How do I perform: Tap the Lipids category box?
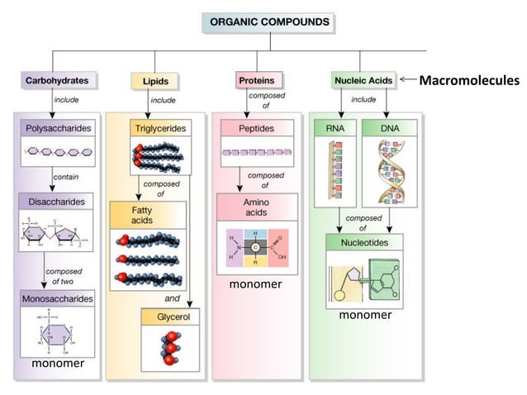[150, 81]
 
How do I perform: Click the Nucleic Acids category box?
[361, 80]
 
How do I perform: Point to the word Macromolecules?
[469, 80]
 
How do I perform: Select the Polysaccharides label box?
[57, 128]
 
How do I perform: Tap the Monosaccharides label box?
[57, 297]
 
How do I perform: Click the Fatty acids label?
[142, 217]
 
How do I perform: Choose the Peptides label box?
[256, 129]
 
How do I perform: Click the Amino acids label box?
[256, 207]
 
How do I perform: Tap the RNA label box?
[333, 129]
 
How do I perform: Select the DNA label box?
[389, 129]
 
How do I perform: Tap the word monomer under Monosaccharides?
[58, 364]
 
